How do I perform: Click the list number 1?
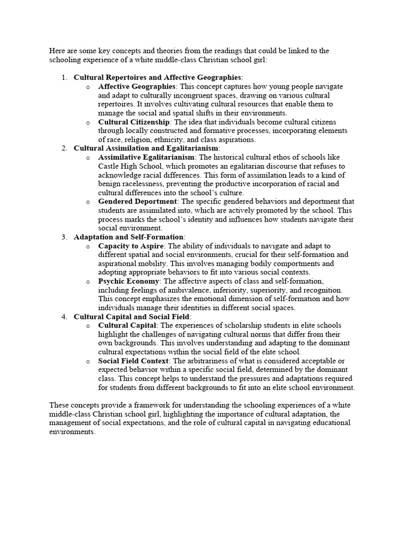pos(63,78)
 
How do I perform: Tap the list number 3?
pos(63,237)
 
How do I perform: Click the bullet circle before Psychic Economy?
pos(88,282)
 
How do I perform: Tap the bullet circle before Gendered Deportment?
pos(88,202)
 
